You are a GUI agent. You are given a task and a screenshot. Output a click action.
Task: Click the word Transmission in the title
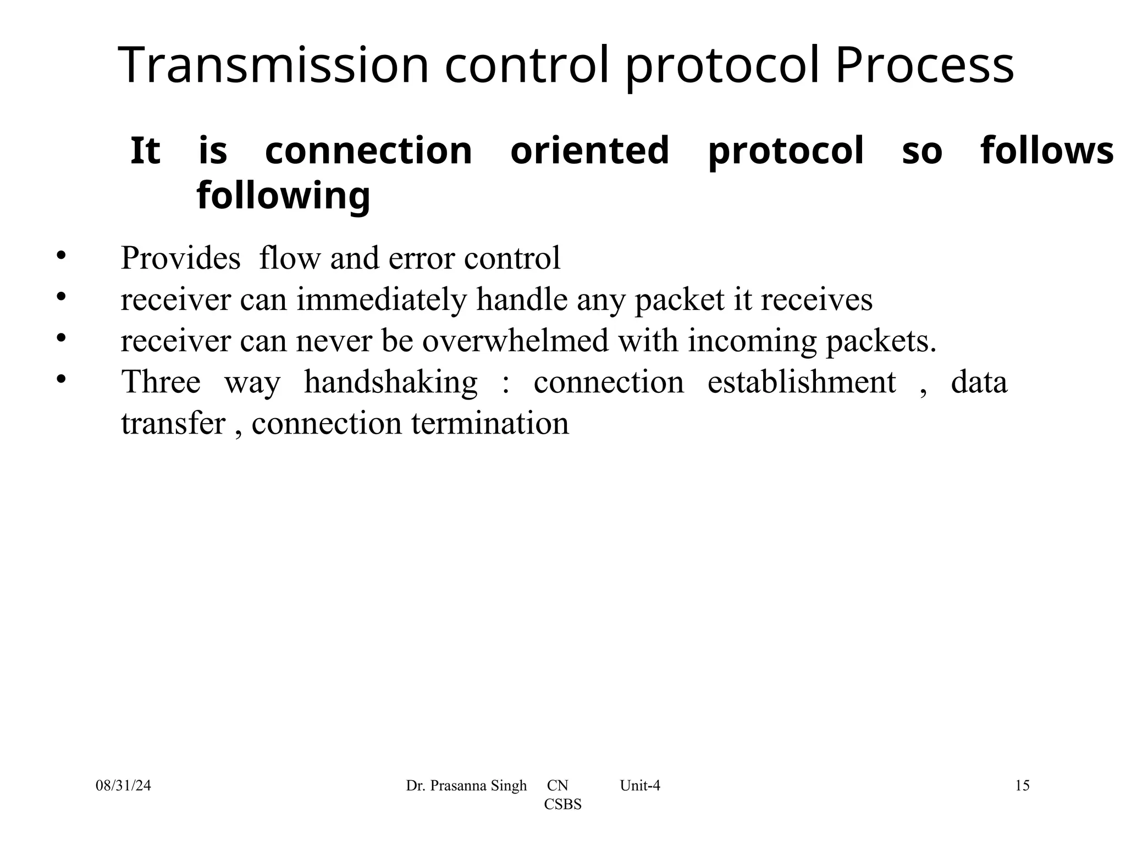point(273,66)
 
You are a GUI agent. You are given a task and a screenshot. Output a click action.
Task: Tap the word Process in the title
point(924,66)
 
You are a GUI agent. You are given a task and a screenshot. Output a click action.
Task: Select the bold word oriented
point(590,151)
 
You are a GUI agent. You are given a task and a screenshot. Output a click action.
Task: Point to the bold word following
point(284,196)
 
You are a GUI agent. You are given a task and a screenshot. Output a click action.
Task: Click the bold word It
point(145,151)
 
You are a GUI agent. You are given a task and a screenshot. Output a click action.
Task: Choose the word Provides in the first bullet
point(180,258)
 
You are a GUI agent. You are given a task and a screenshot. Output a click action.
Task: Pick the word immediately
point(382,300)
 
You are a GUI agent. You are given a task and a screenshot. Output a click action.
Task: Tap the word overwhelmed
point(515,341)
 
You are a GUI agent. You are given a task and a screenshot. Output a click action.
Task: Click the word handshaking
point(391,382)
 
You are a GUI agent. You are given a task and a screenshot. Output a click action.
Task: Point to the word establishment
point(802,382)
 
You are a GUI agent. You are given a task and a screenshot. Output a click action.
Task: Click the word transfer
point(173,424)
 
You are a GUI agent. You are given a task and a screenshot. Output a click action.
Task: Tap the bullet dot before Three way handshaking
point(61,379)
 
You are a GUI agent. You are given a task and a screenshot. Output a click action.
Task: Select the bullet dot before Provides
point(61,255)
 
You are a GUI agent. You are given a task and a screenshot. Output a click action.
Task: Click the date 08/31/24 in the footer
point(123,786)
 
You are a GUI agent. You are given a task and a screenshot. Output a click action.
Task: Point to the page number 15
point(1022,786)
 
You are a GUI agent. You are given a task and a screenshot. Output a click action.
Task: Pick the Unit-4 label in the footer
point(640,786)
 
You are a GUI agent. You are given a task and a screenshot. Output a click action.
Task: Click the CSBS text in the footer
point(562,804)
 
